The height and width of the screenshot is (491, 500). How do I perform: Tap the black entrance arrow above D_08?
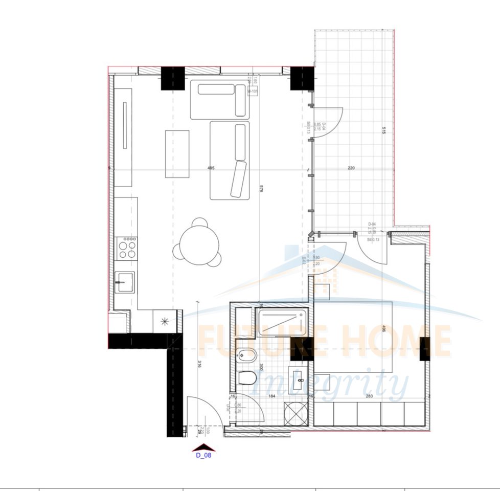click(203, 446)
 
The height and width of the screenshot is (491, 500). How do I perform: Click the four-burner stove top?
click(127, 249)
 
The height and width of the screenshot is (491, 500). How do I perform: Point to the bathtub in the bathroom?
click(282, 322)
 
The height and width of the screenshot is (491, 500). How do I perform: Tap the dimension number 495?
click(211, 168)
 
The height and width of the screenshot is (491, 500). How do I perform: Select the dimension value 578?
click(262, 189)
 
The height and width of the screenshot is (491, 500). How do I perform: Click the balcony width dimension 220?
click(351, 168)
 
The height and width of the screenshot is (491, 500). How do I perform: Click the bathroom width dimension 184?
click(271, 395)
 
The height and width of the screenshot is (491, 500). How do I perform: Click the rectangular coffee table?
click(177, 153)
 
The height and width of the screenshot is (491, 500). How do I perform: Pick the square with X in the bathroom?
click(297, 412)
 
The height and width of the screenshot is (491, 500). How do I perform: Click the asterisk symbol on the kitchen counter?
click(165, 321)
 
